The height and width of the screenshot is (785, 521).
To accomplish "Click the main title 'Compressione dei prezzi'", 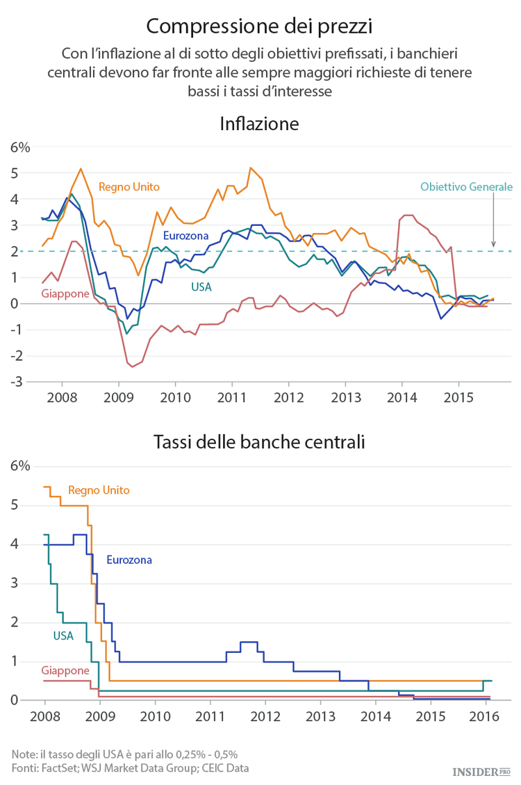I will [x=260, y=26].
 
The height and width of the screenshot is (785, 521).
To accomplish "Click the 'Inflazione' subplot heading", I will [x=259, y=124].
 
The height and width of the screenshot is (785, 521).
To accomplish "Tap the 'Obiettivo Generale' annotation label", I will [x=466, y=186].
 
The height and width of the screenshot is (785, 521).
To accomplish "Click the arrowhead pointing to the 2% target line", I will [x=493, y=244].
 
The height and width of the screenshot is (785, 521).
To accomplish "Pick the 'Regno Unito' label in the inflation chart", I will [x=129, y=186].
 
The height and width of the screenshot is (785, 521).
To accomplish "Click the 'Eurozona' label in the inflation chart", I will [x=185, y=236].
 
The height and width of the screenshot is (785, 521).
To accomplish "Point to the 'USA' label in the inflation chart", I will [x=201, y=286].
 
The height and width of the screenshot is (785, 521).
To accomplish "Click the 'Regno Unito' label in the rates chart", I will [x=99, y=490].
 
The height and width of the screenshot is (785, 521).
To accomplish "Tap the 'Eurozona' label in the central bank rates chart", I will [x=129, y=559].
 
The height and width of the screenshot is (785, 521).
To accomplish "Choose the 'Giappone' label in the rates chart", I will [x=65, y=670].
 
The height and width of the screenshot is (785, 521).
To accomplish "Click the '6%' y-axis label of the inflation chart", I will [x=19, y=147].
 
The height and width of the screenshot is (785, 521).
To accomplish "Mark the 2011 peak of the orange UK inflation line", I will [x=250, y=168].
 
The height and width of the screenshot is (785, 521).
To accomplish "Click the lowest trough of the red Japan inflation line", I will [x=132, y=366].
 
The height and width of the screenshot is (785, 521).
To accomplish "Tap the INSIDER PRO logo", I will [x=481, y=771].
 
